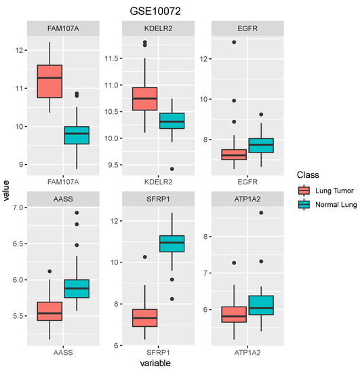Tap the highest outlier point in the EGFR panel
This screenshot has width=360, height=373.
click(x=234, y=42)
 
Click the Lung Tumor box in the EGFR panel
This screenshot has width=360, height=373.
click(x=234, y=154)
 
